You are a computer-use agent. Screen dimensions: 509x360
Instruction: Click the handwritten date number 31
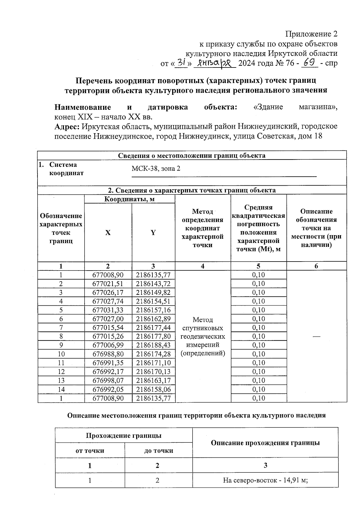[x=181, y=63]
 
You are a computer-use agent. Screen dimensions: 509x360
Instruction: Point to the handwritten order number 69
[x=309, y=63]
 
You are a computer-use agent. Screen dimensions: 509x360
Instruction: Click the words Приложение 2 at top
[x=311, y=34]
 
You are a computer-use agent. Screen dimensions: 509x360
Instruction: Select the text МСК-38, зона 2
[x=156, y=169]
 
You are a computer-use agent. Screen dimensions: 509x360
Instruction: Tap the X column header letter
[x=108, y=233]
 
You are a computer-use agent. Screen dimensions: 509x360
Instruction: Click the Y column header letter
[x=153, y=233]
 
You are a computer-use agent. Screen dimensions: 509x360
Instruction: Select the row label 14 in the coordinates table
[x=61, y=389]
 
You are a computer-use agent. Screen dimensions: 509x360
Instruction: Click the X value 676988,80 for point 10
[x=108, y=354]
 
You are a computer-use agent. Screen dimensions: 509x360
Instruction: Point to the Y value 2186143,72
[x=153, y=283]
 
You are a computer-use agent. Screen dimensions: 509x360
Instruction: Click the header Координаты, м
[x=129, y=199]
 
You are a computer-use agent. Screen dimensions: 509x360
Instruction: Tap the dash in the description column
[x=316, y=337]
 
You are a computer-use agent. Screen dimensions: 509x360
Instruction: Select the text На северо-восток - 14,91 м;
[x=265, y=480]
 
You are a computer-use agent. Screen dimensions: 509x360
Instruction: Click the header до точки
[x=158, y=451]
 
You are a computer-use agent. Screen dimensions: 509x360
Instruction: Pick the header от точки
[x=90, y=451]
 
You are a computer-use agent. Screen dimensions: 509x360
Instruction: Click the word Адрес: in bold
[x=67, y=127]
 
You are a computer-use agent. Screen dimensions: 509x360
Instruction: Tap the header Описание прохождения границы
[x=265, y=443]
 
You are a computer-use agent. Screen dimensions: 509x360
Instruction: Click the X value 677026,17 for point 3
[x=108, y=292]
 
